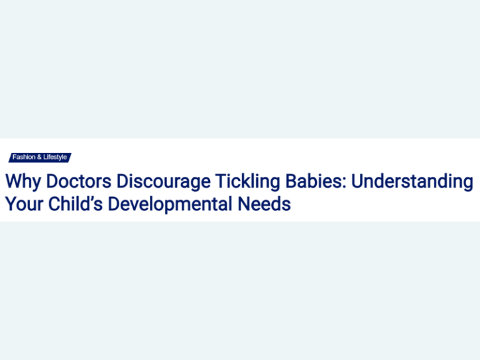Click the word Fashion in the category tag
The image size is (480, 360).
24,157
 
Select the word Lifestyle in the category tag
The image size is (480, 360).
55,157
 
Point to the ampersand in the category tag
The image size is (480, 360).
39,157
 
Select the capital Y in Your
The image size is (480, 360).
11,204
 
